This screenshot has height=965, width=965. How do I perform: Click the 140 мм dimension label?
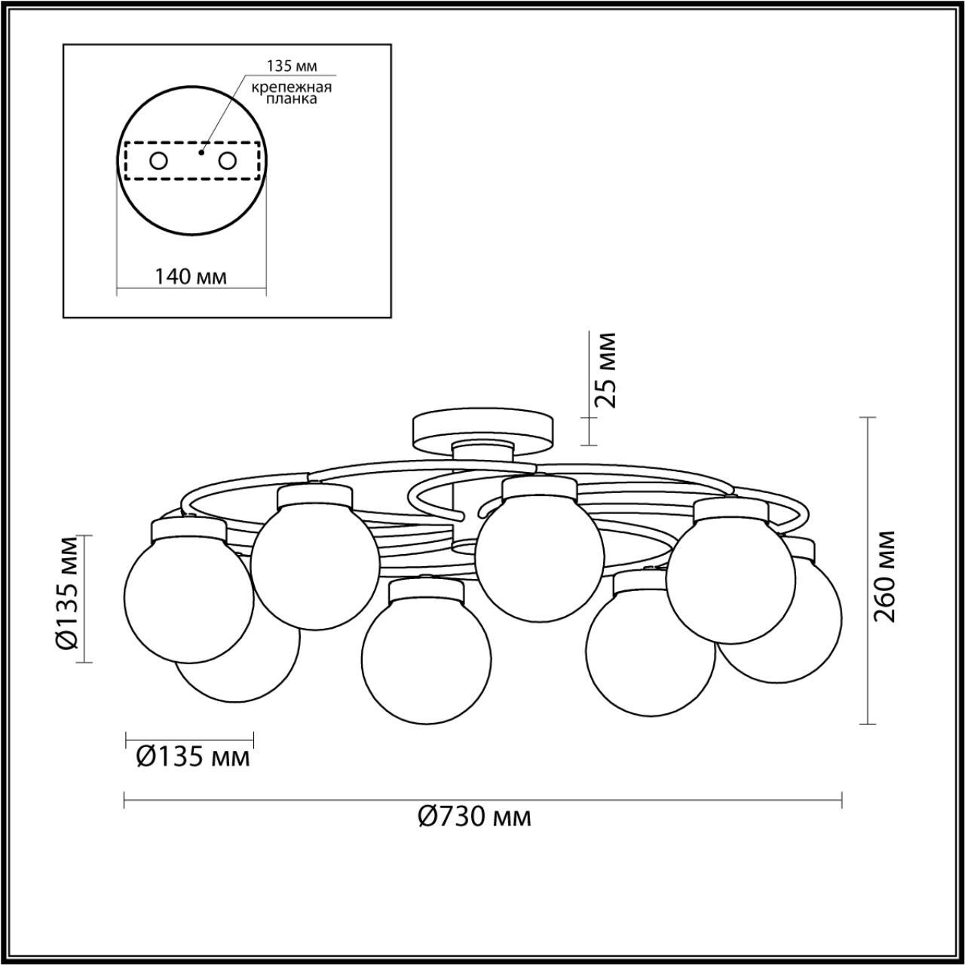click(190, 276)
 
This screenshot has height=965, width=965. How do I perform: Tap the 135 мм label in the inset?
click(292, 66)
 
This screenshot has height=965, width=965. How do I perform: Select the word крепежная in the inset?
click(292, 87)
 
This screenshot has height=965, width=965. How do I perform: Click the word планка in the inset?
click(292, 99)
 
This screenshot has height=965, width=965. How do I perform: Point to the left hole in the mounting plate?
click(159, 161)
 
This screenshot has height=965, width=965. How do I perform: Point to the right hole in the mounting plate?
click(228, 161)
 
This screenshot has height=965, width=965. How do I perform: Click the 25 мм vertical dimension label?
click(605, 369)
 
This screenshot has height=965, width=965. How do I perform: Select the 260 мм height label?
click(884, 576)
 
